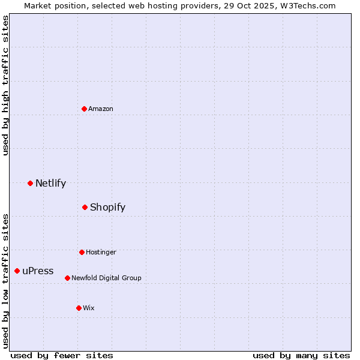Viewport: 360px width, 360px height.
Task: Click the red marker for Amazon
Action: tap(84, 109)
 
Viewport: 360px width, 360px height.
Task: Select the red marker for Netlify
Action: tap(30, 183)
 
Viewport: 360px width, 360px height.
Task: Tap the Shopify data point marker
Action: tap(85, 207)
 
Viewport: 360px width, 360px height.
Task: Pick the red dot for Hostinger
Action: tap(82, 252)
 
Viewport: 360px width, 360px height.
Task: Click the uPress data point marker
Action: tap(17, 271)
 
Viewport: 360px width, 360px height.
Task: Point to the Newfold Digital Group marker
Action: tap(67, 278)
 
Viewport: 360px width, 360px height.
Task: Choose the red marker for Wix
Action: tap(79, 308)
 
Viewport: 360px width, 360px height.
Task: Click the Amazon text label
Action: tap(101, 109)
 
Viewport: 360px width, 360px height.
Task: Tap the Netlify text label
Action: tap(50, 183)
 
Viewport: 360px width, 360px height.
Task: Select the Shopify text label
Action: tap(107, 207)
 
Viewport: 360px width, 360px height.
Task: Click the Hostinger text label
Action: tap(101, 252)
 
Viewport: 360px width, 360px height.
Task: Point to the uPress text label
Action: tap(38, 271)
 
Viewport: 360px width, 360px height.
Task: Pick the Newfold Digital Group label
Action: tap(106, 278)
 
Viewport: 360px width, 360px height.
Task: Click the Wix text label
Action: tap(89, 308)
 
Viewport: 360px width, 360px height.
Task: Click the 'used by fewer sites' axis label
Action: tap(62, 355)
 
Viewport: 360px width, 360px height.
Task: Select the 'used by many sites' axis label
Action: tap(301, 355)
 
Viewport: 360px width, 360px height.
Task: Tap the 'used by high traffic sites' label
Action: tap(6, 85)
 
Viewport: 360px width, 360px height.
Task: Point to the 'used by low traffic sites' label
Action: tap(6, 281)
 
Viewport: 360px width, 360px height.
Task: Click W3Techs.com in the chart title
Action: tap(308, 5)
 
